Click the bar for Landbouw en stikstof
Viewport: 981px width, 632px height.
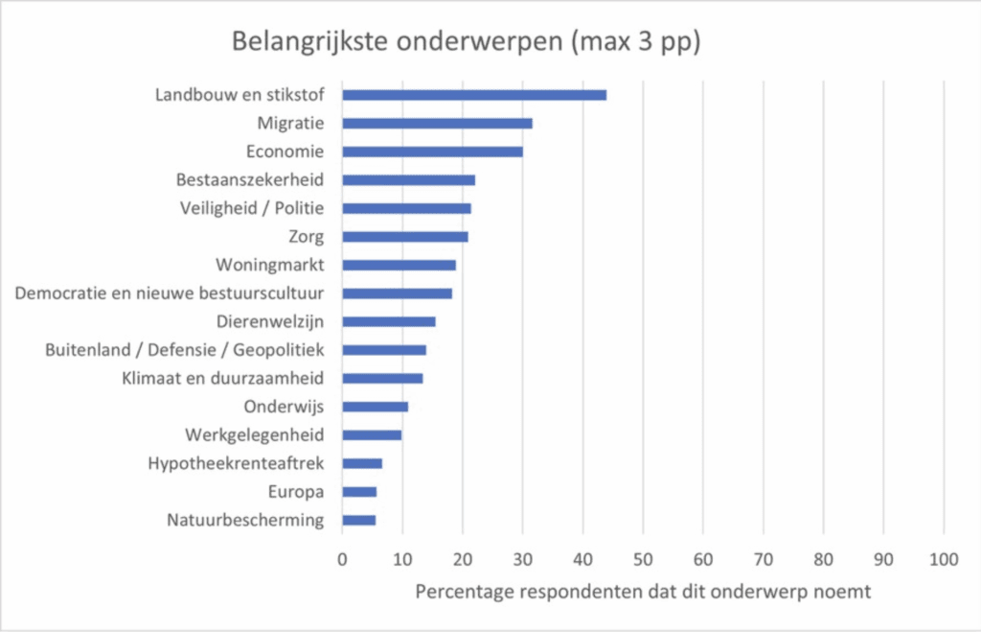point(474,95)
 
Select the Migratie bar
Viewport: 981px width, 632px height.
point(437,123)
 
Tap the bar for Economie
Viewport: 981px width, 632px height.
point(432,152)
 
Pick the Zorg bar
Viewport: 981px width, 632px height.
point(404,236)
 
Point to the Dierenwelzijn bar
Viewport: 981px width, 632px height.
point(388,321)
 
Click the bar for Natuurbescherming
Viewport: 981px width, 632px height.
point(358,520)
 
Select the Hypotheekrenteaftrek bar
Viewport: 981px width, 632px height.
point(362,463)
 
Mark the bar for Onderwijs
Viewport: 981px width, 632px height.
point(375,407)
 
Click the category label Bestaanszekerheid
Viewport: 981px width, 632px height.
point(250,179)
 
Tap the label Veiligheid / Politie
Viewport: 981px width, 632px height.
point(252,208)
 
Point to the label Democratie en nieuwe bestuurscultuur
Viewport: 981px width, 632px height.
point(170,293)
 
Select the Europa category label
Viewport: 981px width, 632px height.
point(298,492)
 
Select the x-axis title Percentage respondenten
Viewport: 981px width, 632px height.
point(643,592)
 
